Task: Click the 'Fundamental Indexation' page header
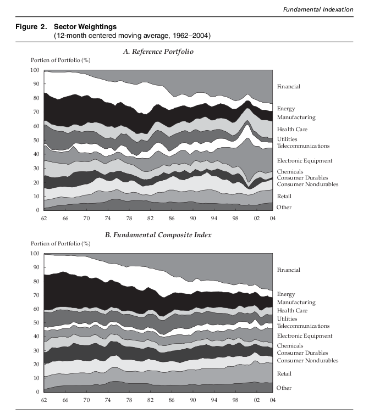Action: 325,9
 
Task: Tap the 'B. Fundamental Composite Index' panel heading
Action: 158,235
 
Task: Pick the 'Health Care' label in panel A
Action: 292,130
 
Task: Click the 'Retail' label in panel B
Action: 284,374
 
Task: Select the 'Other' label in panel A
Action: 284,207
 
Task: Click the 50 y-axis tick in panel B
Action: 36,323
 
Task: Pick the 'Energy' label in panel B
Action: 285,294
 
